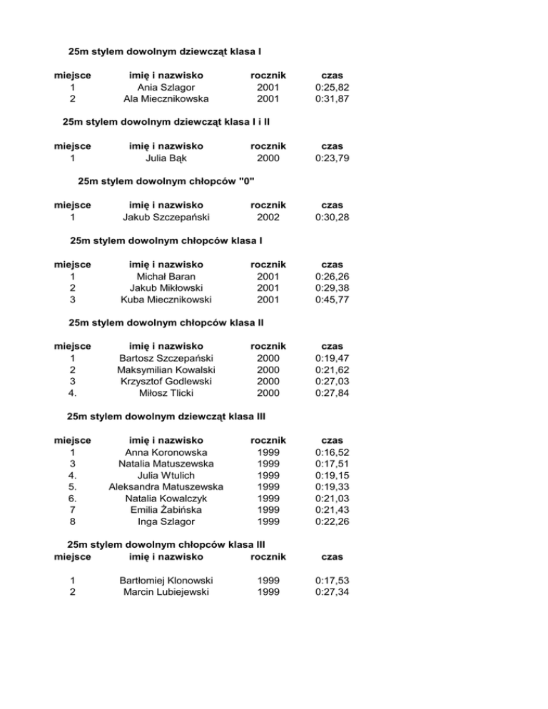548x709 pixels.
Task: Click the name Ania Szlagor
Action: [166, 87]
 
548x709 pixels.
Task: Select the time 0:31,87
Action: [332, 99]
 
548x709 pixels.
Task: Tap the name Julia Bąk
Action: [166, 158]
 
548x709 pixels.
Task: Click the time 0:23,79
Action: [332, 158]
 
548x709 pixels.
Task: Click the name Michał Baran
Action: [166, 275]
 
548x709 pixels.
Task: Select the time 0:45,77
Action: [332, 299]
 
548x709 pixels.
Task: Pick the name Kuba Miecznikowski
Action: [166, 299]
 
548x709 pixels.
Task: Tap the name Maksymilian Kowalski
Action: [166, 369]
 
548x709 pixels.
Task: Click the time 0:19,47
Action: [332, 357]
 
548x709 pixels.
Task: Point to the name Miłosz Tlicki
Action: [166, 393]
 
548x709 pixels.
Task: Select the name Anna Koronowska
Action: [166, 452]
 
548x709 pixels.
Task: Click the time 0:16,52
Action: [332, 452]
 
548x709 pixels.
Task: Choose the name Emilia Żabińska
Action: [166, 510]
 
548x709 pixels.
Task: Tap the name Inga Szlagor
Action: [166, 521]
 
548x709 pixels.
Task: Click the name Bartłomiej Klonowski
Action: [166, 580]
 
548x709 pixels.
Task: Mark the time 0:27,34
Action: [332, 592]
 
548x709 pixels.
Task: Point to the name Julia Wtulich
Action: [166, 475]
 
